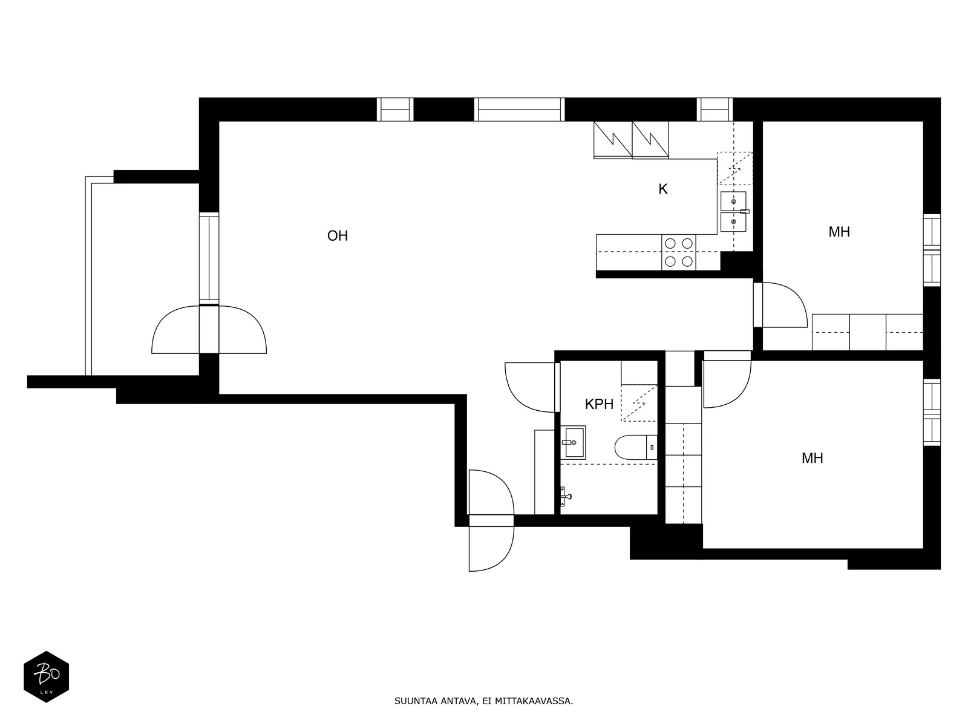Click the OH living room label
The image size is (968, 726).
click(x=338, y=236)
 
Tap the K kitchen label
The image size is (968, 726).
click(x=662, y=189)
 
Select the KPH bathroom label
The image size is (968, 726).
click(x=599, y=404)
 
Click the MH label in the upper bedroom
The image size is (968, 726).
click(x=839, y=232)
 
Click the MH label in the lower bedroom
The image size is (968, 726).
click(x=813, y=459)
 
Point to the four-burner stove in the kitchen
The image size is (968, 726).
click(x=678, y=252)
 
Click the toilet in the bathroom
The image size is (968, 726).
click(x=636, y=447)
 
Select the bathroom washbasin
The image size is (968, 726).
click(x=573, y=442)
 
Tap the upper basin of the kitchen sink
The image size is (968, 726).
click(x=733, y=201)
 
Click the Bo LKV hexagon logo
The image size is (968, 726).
click(x=47, y=676)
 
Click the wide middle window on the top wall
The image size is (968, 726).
click(x=519, y=110)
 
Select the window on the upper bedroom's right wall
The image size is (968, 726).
click(x=932, y=250)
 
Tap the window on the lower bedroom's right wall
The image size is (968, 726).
click(x=932, y=412)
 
